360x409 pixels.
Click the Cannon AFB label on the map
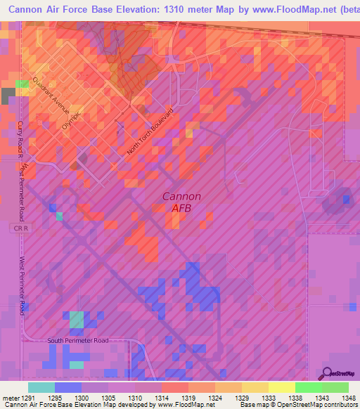click(182, 202)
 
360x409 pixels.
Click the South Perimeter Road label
click(79, 341)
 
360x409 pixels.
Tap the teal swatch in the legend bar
click(41, 387)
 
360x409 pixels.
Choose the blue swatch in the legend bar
click(67, 387)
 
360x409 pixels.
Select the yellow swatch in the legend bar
click(281, 387)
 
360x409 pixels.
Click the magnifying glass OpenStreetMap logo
click(328, 372)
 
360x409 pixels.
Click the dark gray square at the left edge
click(8, 96)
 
